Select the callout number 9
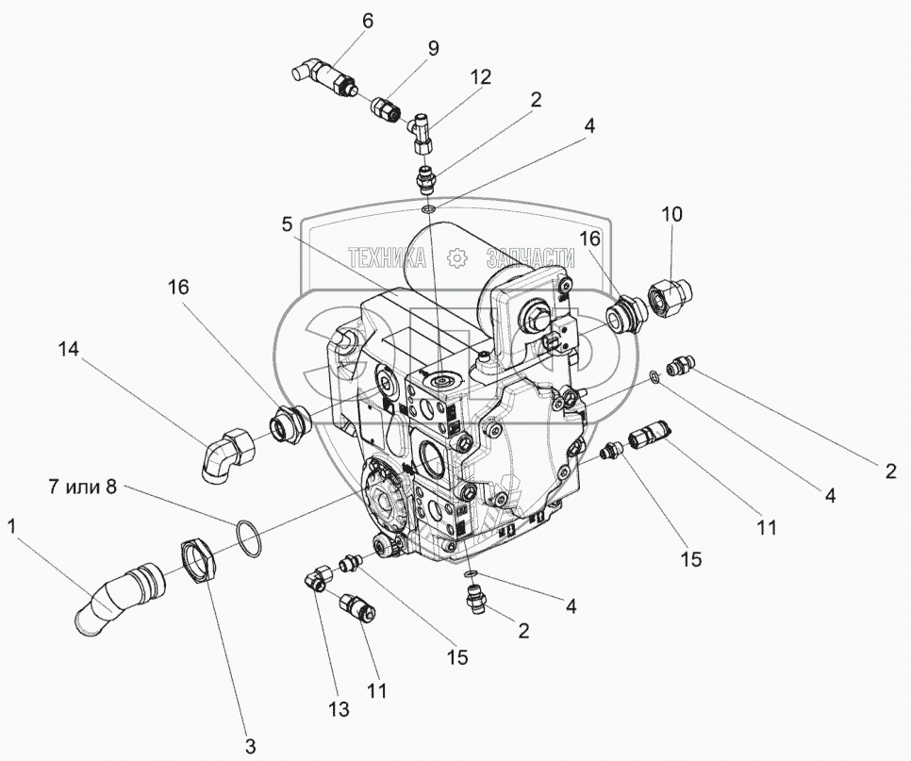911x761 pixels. tap(433, 48)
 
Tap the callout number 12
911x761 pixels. tap(481, 78)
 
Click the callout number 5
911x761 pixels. tap(287, 225)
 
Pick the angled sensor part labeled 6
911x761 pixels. tap(323, 75)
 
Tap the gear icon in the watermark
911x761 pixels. tap(456, 256)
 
